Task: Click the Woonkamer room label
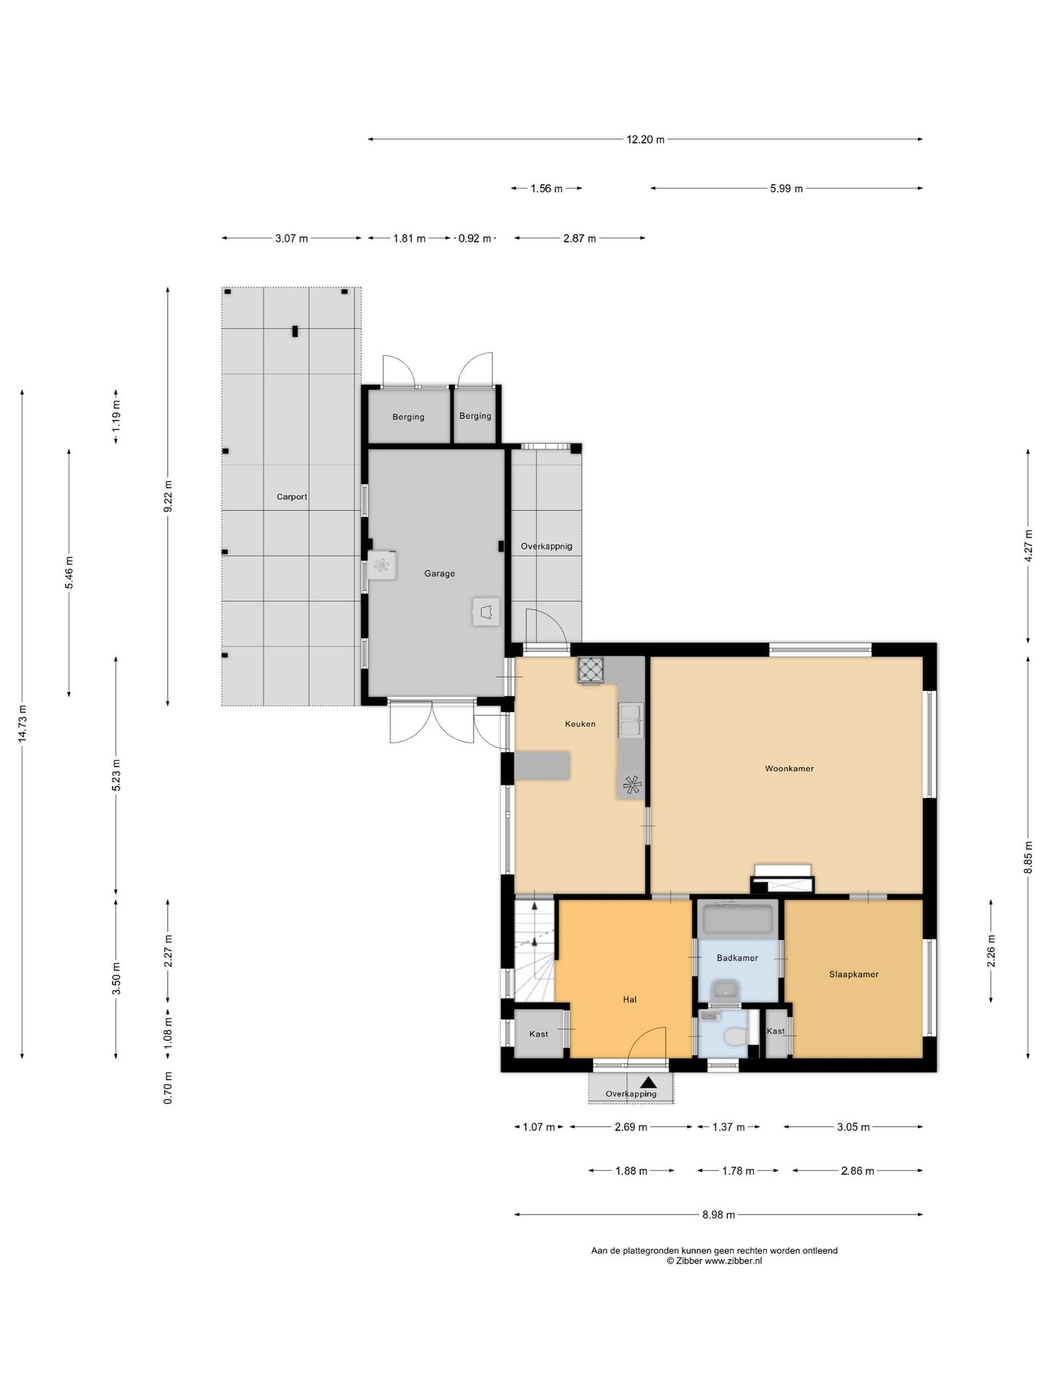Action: [x=789, y=768]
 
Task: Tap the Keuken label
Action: [x=580, y=724]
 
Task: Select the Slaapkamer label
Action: [x=853, y=974]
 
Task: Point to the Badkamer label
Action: [x=737, y=957]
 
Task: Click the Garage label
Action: [x=440, y=573]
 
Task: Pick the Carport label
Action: [x=292, y=497]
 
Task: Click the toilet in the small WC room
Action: [x=735, y=1035]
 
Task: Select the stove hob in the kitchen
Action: [x=591, y=670]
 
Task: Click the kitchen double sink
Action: [x=630, y=720]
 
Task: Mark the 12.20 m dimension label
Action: [x=645, y=139]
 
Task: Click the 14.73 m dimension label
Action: [x=23, y=724]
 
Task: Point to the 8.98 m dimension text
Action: [x=718, y=1215]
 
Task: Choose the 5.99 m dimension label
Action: [x=786, y=189]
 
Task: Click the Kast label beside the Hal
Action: [x=539, y=1034]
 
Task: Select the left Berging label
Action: [x=408, y=417]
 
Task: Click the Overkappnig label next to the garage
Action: [x=546, y=546]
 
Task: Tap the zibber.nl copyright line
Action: [x=714, y=1261]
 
